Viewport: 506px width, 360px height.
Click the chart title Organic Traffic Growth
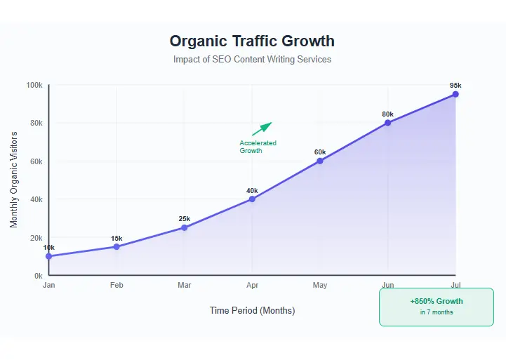252,41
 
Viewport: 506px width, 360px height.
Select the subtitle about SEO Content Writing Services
252,60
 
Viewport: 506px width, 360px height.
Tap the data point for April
252,199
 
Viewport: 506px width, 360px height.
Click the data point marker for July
455,94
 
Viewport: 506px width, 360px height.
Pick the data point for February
116,246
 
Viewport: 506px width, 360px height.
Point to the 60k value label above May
320,152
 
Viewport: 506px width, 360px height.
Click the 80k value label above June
387,114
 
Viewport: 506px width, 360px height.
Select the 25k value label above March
184,219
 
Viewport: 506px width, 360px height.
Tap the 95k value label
455,86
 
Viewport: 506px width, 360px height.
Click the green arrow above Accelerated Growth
262,128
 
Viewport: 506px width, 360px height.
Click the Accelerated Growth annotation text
258,147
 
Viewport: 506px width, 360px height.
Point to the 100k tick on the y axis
34,85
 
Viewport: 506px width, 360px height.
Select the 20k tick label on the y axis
35,238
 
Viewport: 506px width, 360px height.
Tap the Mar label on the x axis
184,286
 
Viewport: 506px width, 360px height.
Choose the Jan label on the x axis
48,286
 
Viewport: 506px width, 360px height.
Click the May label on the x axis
320,286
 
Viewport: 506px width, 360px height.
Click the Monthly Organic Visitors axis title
14,180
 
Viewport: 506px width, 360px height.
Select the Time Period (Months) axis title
252,310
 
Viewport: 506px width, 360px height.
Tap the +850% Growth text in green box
436,302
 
